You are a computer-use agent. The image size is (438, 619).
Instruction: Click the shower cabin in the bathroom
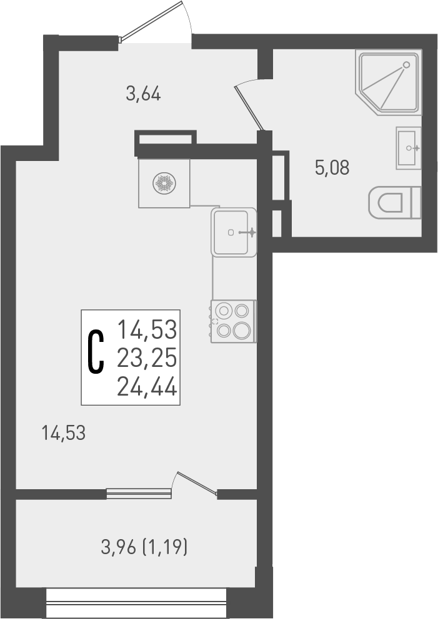[388, 82]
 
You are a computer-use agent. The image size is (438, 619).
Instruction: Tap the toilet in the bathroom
[394, 203]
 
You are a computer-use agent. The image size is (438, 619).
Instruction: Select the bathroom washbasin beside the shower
[408, 148]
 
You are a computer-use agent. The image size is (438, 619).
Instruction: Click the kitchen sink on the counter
[234, 232]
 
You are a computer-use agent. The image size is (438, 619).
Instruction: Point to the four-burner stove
[233, 321]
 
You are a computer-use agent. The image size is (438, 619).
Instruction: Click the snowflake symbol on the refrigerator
[164, 183]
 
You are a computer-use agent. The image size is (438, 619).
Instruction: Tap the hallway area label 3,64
[144, 95]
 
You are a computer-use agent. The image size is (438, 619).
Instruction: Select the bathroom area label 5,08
[332, 168]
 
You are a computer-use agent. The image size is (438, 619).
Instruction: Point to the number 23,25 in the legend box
[147, 358]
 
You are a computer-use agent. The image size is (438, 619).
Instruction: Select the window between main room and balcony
[139, 494]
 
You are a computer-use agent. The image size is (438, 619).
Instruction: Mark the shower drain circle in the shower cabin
[407, 64]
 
